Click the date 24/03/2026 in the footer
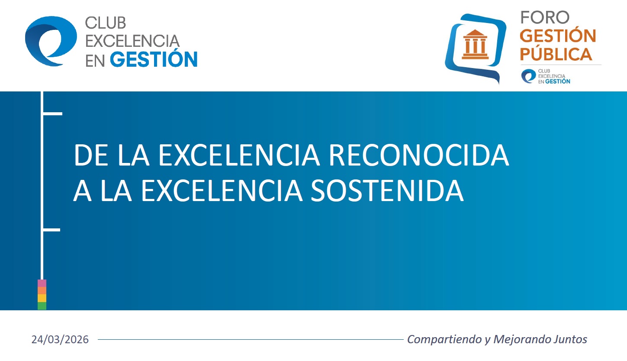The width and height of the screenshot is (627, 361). [x=60, y=339]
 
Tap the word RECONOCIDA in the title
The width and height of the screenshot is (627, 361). [x=418, y=155]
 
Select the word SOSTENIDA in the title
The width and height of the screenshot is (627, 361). [x=387, y=191]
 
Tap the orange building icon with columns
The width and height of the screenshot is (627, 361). [x=475, y=44]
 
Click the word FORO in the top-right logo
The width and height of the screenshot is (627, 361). [x=545, y=17]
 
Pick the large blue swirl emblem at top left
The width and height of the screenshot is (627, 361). [x=51, y=41]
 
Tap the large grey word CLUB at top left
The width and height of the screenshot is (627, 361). [x=106, y=23]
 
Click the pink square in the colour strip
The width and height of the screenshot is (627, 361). [x=42, y=283]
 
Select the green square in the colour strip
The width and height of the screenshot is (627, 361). [x=42, y=306]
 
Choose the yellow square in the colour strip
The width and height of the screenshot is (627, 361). [x=42, y=298]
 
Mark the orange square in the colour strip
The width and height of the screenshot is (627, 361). [x=42, y=291]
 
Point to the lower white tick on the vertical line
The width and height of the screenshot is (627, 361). [x=51, y=230]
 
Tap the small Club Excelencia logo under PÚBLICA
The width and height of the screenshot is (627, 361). [x=546, y=76]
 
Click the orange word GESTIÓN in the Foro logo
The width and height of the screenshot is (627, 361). [x=558, y=35]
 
